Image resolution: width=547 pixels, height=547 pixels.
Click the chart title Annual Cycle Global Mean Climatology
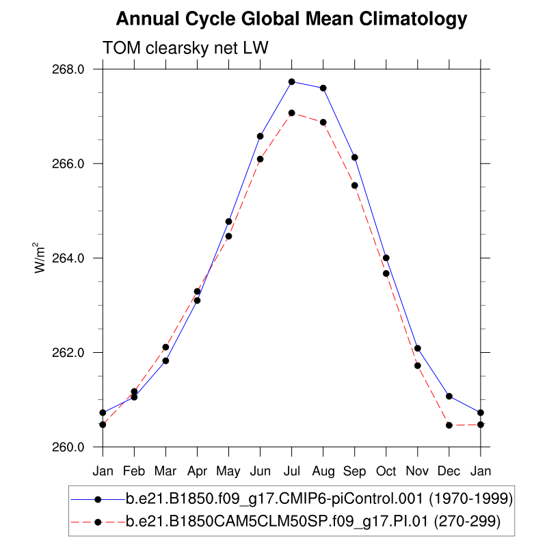(291, 20)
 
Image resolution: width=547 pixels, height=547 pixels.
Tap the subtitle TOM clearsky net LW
(185, 49)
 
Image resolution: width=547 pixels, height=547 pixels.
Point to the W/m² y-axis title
(42, 258)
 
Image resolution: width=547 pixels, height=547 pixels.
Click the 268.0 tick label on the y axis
(70, 69)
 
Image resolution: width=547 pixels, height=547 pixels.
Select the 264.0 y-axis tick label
(70, 258)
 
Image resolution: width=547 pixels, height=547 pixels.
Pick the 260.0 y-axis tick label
(70, 447)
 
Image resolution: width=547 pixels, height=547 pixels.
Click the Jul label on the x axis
(292, 471)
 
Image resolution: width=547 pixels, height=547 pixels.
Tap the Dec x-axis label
(449, 471)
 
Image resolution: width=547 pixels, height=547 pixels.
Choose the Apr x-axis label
(197, 471)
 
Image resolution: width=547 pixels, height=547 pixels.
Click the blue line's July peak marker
(292, 82)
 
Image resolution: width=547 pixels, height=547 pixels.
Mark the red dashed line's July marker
(292, 113)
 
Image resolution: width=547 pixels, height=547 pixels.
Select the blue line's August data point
(323, 88)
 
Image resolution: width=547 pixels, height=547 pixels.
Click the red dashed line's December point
(449, 425)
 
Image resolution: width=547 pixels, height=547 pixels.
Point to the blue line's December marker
(449, 397)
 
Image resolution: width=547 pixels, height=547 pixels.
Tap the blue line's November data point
(418, 349)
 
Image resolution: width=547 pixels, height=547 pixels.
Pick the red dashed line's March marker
(165, 347)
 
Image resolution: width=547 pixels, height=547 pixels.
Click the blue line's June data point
(261, 136)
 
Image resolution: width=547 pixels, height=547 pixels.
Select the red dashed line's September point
(355, 185)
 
